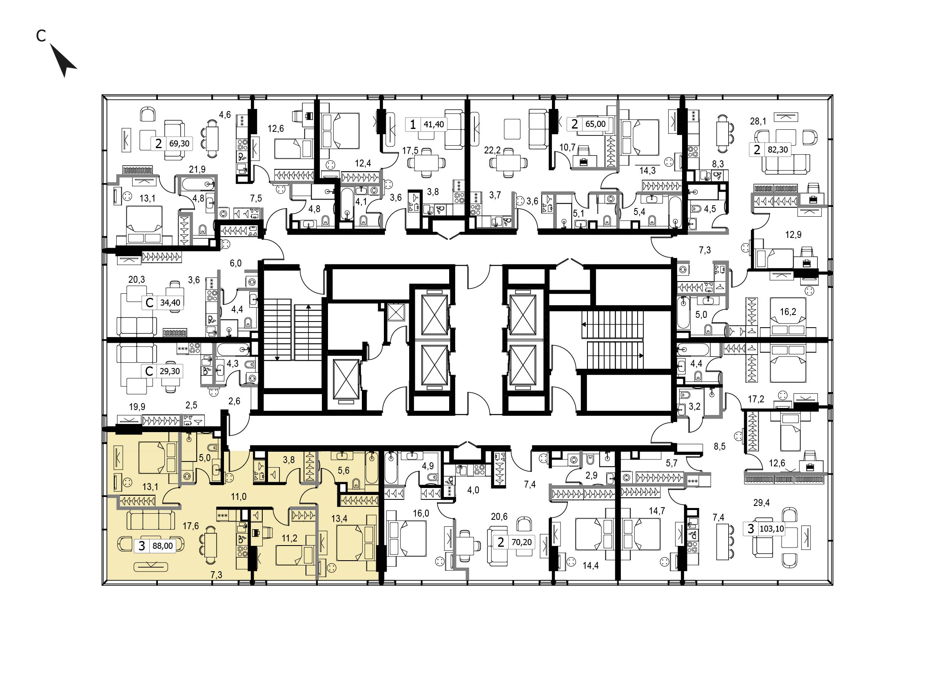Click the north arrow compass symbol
(x=63, y=60)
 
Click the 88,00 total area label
(x=163, y=546)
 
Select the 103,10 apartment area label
(x=772, y=529)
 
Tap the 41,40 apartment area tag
(x=434, y=124)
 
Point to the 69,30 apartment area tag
(x=179, y=144)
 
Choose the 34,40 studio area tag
(x=170, y=303)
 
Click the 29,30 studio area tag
(x=170, y=371)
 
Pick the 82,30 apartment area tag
(x=778, y=150)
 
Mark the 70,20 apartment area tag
(x=521, y=542)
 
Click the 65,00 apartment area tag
(x=596, y=124)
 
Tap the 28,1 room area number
(x=758, y=121)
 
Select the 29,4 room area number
(x=762, y=503)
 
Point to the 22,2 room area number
(x=492, y=151)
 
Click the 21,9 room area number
(x=197, y=169)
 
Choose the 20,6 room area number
(x=499, y=517)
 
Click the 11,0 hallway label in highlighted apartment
(x=239, y=497)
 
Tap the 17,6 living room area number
(x=191, y=526)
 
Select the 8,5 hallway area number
(x=720, y=446)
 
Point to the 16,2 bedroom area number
(x=788, y=312)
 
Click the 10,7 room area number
(x=567, y=147)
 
